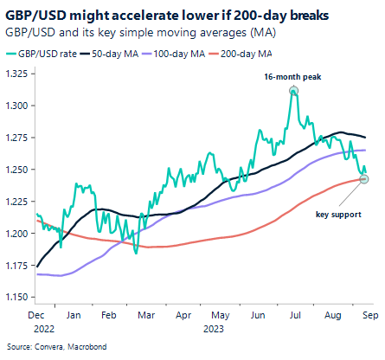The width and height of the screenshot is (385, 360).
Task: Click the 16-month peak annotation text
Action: coord(293,77)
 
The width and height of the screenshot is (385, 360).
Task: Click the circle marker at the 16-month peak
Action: coord(294,91)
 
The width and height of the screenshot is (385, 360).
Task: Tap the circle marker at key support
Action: coord(364,179)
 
